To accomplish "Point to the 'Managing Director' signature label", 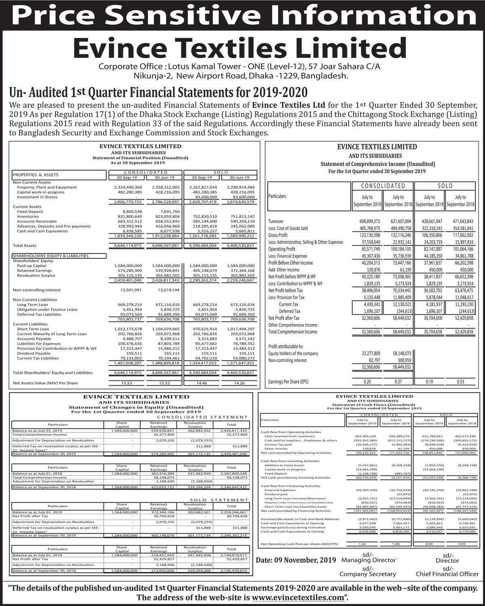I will [x=368, y=560].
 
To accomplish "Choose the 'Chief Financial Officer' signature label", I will [x=447, y=574].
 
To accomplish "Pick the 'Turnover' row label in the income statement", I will [x=276, y=222].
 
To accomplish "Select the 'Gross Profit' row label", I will [x=278, y=235].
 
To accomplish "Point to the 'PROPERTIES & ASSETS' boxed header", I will [x=36, y=175].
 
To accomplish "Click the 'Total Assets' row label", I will [x=25, y=245].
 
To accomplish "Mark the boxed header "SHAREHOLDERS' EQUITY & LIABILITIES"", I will [x=51, y=256].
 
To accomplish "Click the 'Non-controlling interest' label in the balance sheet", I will [x=37, y=290].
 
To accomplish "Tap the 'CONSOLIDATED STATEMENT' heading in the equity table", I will [x=202, y=417].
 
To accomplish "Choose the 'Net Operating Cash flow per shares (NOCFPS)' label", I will [x=299, y=544].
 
